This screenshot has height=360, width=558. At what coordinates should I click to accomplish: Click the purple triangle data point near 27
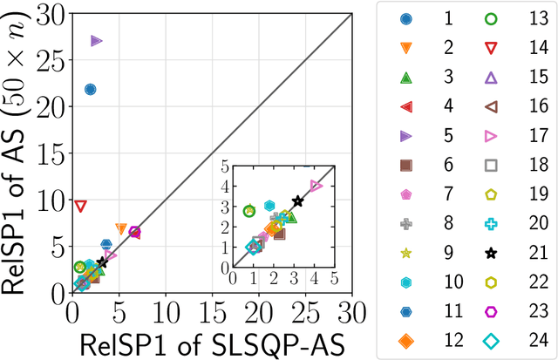coord(97,41)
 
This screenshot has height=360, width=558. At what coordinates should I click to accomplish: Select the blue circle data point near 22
coord(90,89)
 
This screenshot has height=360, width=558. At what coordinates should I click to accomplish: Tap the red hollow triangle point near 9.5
coord(80,206)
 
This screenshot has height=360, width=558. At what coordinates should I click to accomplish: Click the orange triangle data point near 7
coord(121,228)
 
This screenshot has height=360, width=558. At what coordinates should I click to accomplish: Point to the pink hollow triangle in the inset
coord(316,186)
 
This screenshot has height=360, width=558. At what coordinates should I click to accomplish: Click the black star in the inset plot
coord(297,201)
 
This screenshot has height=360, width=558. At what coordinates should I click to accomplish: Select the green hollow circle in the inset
coord(249,211)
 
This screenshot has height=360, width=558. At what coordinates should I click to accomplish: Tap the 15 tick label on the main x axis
coord(212,309)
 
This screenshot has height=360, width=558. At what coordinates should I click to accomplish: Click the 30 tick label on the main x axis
coord(351,309)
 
